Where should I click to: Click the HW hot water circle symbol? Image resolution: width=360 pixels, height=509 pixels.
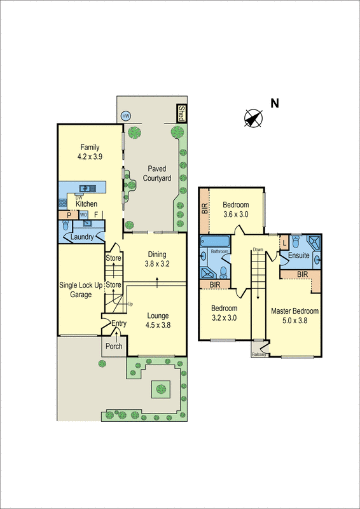[125, 116]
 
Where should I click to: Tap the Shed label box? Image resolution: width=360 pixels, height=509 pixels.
[181, 113]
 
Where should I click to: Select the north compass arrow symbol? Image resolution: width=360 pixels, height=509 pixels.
[253, 118]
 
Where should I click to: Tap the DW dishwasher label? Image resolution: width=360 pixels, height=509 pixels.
[78, 198]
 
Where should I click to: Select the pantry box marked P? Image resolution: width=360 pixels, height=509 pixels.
[69, 215]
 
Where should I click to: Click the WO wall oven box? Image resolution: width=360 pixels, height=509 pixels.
[83, 214]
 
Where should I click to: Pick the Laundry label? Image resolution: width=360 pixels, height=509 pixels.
[82, 237]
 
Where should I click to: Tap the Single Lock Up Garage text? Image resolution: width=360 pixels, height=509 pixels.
[81, 289]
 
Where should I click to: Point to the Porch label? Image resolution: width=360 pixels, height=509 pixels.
[114, 346]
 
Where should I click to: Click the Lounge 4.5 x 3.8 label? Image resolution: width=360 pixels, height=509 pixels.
[158, 319]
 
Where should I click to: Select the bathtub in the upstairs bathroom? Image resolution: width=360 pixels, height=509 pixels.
[215, 242]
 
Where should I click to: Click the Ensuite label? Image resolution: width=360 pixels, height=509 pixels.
[299, 255]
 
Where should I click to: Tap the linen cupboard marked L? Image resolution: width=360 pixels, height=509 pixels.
[284, 242]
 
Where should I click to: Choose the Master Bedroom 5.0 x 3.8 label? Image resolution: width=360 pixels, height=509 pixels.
[294, 316]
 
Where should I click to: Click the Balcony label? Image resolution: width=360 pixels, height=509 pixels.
[259, 355]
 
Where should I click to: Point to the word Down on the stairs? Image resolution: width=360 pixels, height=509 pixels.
[258, 249]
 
